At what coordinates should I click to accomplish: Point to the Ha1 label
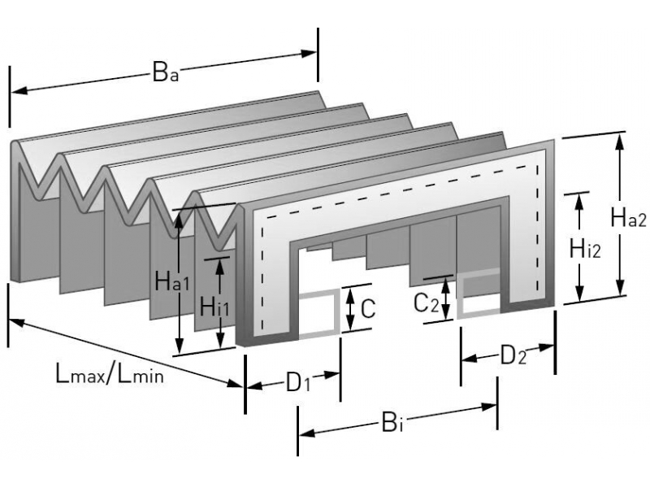pyautogui.click(x=173, y=284)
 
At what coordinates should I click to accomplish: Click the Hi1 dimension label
pyautogui.click(x=214, y=307)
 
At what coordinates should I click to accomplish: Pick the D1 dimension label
pyautogui.click(x=299, y=382)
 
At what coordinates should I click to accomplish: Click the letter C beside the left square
pyautogui.click(x=367, y=307)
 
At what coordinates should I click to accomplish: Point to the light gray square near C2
pyautogui.click(x=479, y=294)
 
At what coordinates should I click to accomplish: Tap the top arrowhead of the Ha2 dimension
pyautogui.click(x=621, y=141)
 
